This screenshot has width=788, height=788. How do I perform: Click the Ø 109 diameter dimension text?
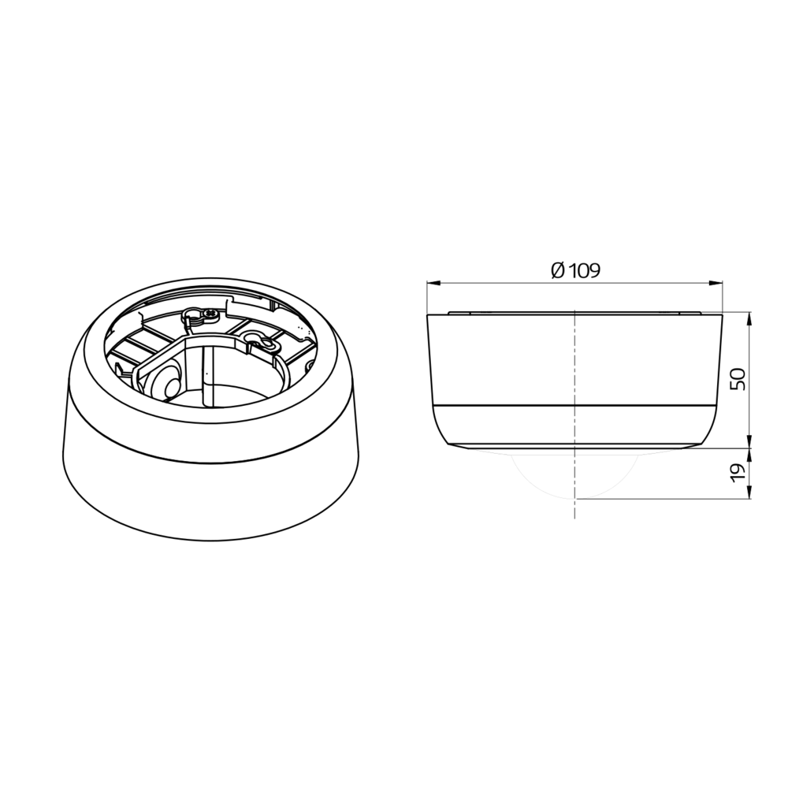(x=575, y=271)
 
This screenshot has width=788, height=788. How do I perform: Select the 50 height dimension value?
(x=738, y=380)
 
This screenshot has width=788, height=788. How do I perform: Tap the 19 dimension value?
(x=738, y=474)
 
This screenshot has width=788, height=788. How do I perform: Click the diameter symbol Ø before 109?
(x=558, y=271)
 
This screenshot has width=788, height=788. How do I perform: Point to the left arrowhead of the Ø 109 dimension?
(x=433, y=284)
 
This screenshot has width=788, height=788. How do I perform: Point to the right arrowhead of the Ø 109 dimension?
(x=716, y=284)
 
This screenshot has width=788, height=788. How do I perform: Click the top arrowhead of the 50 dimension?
(x=750, y=318)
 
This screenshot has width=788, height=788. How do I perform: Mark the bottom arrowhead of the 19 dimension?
(x=750, y=493)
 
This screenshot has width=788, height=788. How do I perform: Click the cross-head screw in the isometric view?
(x=210, y=314)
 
